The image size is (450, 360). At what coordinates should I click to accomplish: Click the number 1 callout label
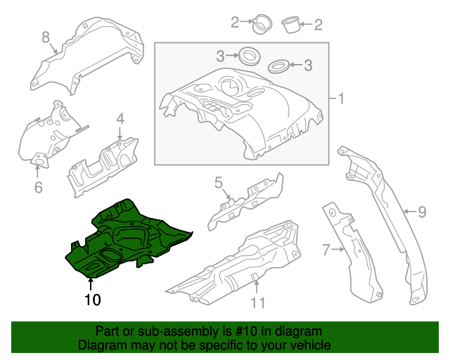tap(342, 98)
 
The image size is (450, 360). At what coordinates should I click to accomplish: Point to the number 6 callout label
tap(38, 187)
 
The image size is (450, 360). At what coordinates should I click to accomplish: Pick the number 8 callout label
tap(46, 37)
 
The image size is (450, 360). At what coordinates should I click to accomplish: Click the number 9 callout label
tap(422, 211)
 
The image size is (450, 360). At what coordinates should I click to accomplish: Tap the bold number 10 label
tap(92, 300)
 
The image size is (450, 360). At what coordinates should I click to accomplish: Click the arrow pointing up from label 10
tap(91, 284)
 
